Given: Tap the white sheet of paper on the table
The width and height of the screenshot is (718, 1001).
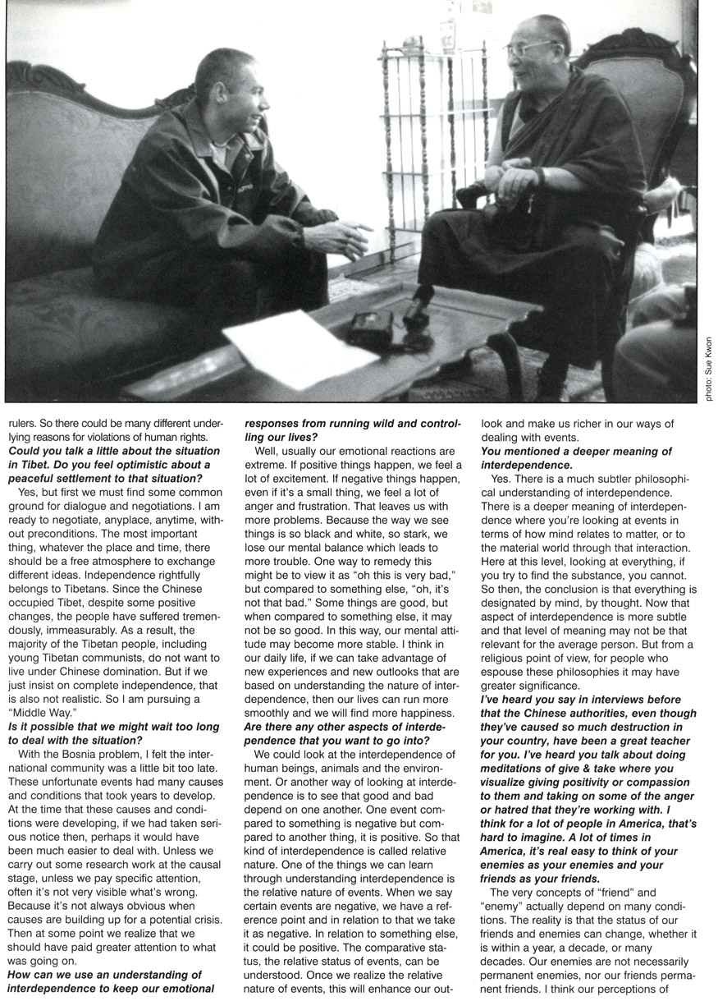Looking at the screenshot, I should coord(287,348).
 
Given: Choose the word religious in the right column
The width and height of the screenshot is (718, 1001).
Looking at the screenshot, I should coord(515,660).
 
